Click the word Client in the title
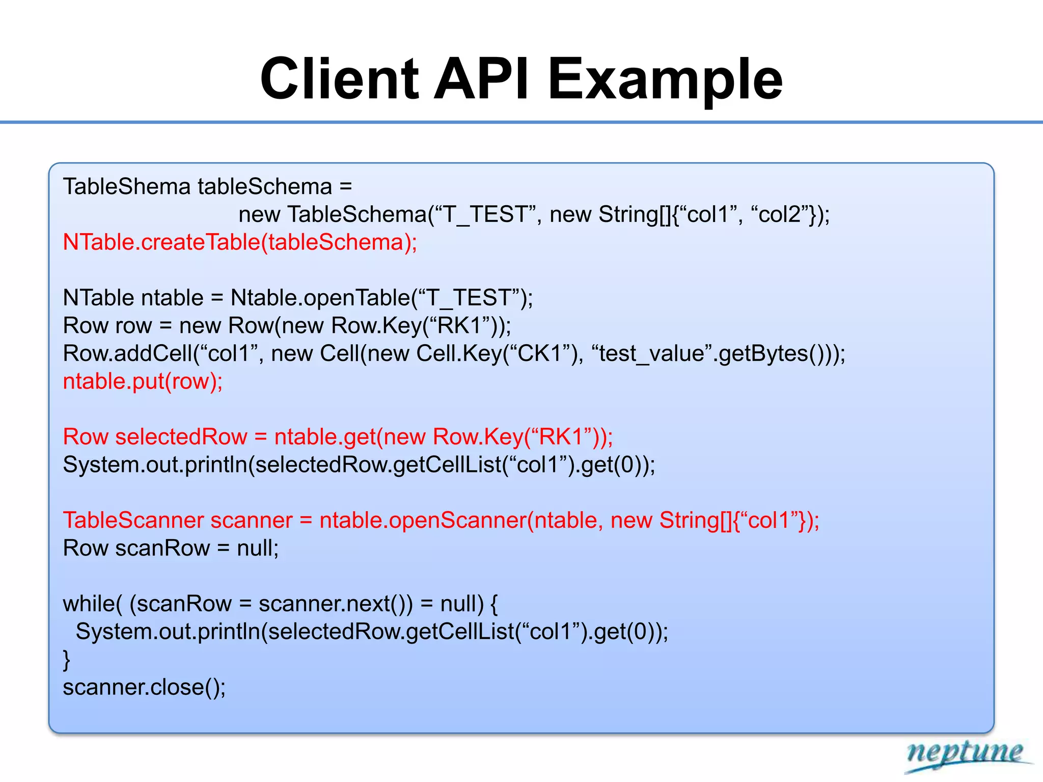click(339, 79)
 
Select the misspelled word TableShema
click(126, 186)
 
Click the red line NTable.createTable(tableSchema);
click(240, 242)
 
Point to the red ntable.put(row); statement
click(143, 381)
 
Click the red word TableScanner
click(133, 520)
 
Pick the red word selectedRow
click(181, 437)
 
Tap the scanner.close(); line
click(144, 687)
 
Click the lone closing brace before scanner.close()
click(67, 660)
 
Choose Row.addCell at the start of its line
click(128, 353)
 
